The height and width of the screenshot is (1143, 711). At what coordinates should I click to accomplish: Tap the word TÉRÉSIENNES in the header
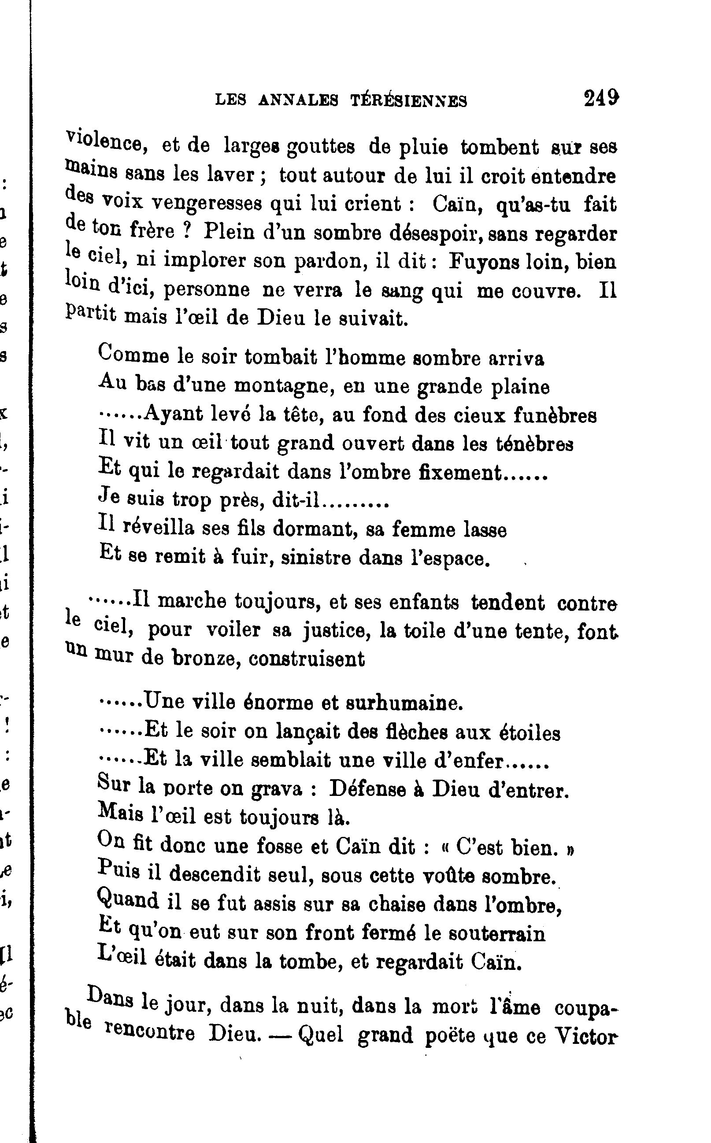(x=409, y=100)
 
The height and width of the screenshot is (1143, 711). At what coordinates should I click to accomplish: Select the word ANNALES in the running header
(x=298, y=100)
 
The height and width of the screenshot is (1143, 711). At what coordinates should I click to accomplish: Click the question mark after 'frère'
(x=187, y=231)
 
